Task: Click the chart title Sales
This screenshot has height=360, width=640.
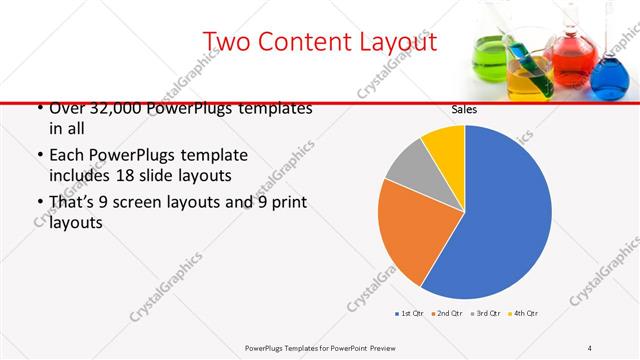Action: click(x=464, y=108)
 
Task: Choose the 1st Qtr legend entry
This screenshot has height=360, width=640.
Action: click(x=409, y=314)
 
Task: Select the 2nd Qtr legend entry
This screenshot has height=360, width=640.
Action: click(x=446, y=314)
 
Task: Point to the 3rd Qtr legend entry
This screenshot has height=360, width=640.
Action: click(x=484, y=314)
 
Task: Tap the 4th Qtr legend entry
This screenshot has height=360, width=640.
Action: click(x=522, y=314)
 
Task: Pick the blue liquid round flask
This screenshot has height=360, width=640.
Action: click(x=608, y=78)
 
